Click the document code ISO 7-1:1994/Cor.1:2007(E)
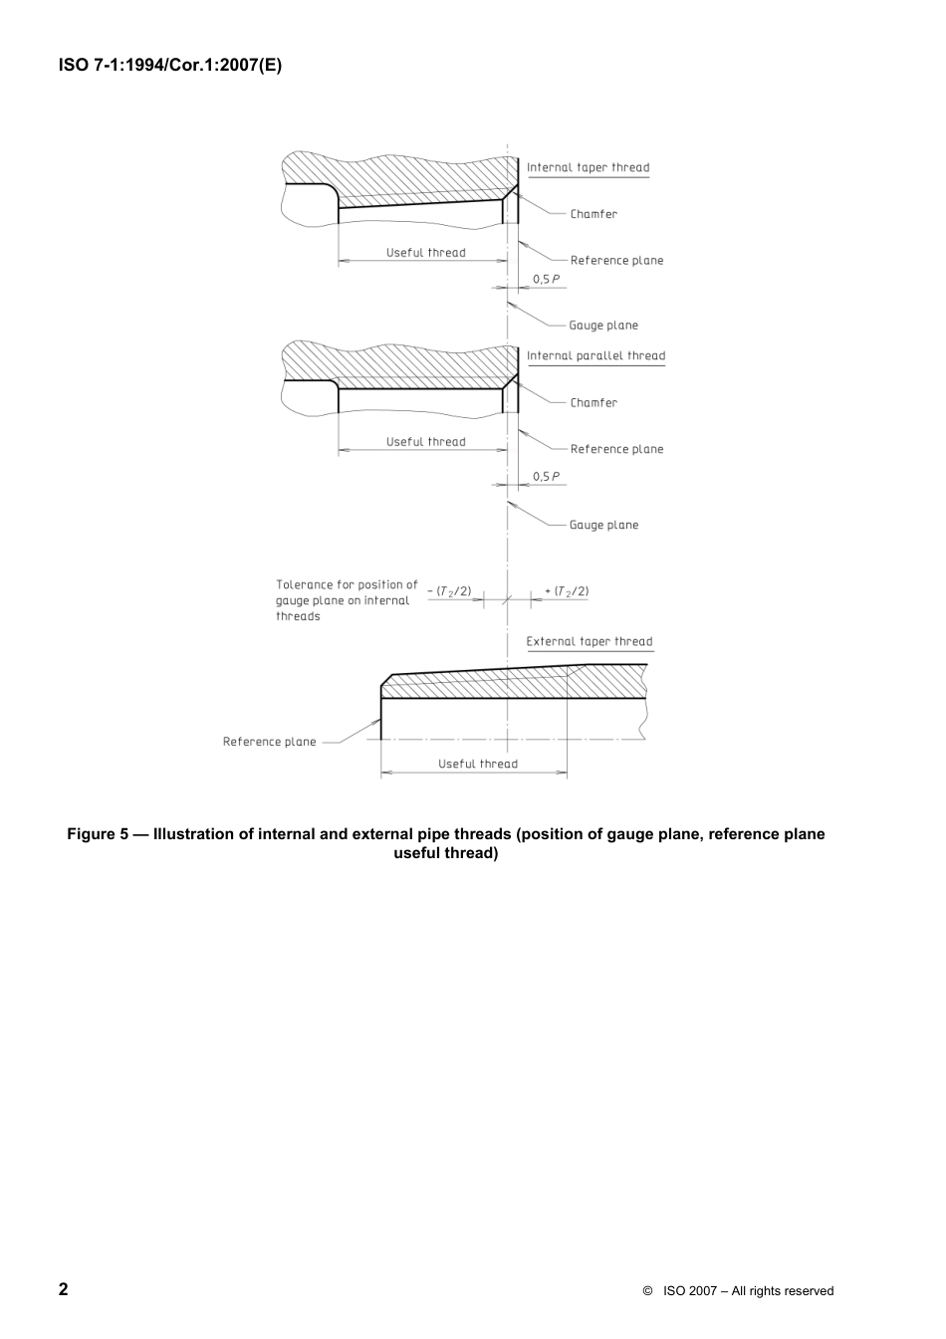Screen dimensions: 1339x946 [x=170, y=67]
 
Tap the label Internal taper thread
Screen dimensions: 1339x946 [x=588, y=167]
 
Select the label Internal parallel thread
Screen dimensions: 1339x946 [x=595, y=355]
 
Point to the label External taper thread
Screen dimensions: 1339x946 [x=590, y=641]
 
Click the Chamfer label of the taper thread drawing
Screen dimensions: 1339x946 [x=593, y=214]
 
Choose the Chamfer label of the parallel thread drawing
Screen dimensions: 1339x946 [x=593, y=403]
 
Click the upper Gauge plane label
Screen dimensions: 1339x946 [x=603, y=326]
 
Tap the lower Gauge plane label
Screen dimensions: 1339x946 [x=603, y=525]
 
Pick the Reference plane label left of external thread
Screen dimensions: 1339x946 [x=269, y=742]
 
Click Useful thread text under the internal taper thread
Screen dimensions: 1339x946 [x=425, y=253]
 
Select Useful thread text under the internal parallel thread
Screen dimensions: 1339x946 [x=425, y=442]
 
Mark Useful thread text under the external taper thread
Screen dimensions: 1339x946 [x=478, y=764]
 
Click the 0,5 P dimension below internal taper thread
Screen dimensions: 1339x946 [x=546, y=280]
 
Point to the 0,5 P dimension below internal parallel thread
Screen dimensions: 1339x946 [x=546, y=477]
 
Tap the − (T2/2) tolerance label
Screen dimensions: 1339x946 [x=449, y=591]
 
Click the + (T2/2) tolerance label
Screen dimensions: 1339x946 [x=567, y=591]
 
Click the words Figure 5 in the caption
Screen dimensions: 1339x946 [x=97, y=834]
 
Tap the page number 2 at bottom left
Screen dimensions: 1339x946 [x=64, y=1289]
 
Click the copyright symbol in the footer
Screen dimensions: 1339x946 [x=647, y=1291]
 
